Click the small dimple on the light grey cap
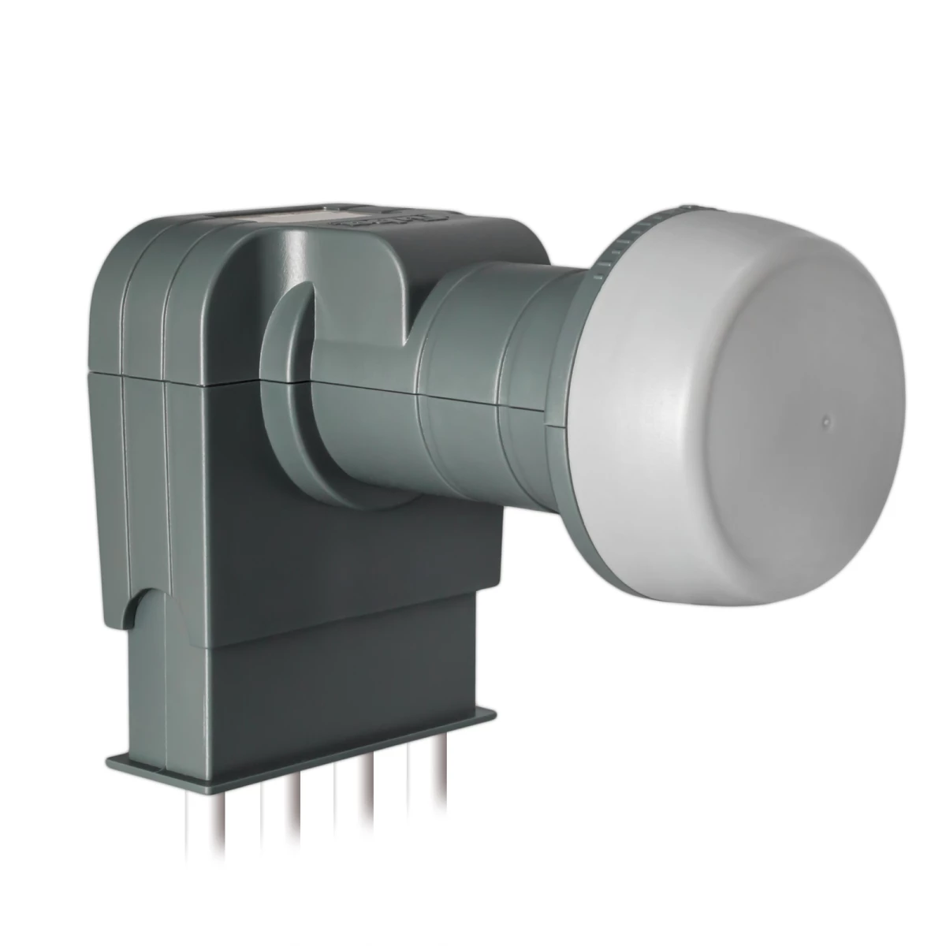tap(825, 421)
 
